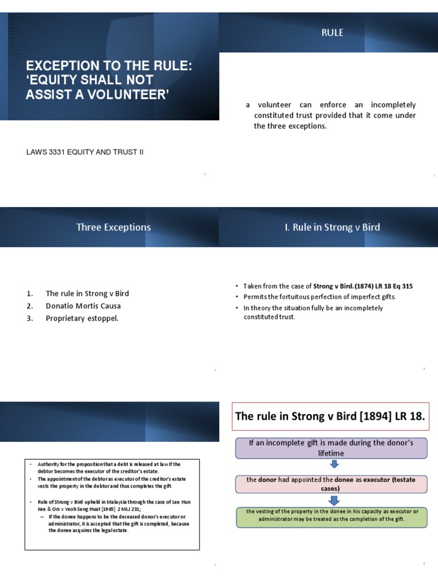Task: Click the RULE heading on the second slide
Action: (x=332, y=33)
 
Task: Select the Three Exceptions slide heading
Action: (x=113, y=227)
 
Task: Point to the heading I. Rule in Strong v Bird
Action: (x=332, y=227)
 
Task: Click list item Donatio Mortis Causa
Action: (x=83, y=306)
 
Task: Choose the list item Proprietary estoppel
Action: (x=82, y=318)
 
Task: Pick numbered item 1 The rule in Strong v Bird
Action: (x=87, y=293)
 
